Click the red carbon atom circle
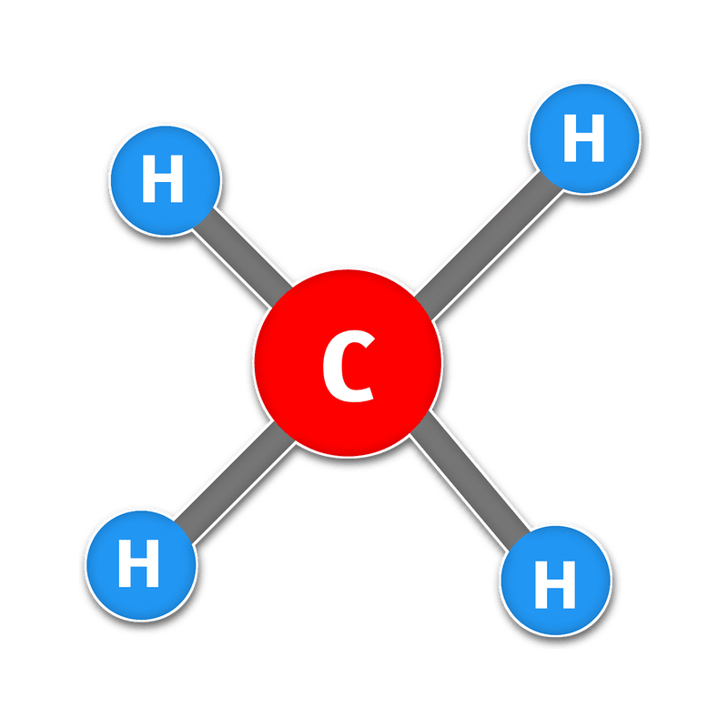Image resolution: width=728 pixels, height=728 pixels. click(x=348, y=363)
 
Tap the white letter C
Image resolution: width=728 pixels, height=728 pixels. click(x=349, y=366)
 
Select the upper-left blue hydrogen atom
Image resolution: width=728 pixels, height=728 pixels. click(x=166, y=180)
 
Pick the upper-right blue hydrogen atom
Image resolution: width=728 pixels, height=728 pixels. click(x=584, y=138)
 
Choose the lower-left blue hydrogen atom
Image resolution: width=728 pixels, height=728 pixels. click(x=141, y=565)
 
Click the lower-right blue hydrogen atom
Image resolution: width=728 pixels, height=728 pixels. click(x=556, y=581)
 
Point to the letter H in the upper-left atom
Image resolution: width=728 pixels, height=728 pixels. click(x=163, y=178)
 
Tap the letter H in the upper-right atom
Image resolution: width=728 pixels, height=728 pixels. click(x=584, y=138)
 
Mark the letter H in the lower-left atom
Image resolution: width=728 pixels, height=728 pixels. click(x=139, y=563)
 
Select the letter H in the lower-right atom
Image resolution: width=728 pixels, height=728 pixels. click(x=555, y=584)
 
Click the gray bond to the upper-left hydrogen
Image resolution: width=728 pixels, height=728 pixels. click(x=242, y=258)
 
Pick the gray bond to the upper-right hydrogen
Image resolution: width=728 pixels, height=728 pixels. click(x=489, y=246)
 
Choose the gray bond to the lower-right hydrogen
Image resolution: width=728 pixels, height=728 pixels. click(x=470, y=481)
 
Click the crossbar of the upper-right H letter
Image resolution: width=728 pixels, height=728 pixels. click(x=584, y=138)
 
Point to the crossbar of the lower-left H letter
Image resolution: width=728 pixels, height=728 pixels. click(x=139, y=563)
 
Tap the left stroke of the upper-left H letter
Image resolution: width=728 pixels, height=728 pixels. click(x=148, y=178)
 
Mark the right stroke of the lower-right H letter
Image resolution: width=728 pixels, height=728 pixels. click(x=570, y=584)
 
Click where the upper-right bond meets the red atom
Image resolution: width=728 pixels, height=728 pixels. click(x=423, y=308)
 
